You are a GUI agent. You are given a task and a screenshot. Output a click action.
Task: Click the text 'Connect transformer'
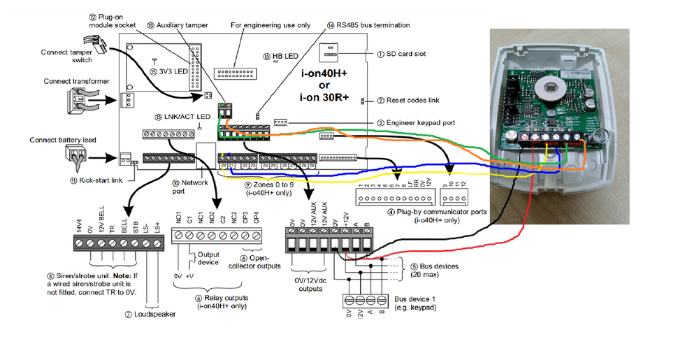click(76, 82)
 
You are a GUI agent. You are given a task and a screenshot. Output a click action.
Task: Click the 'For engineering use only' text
click(271, 25)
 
